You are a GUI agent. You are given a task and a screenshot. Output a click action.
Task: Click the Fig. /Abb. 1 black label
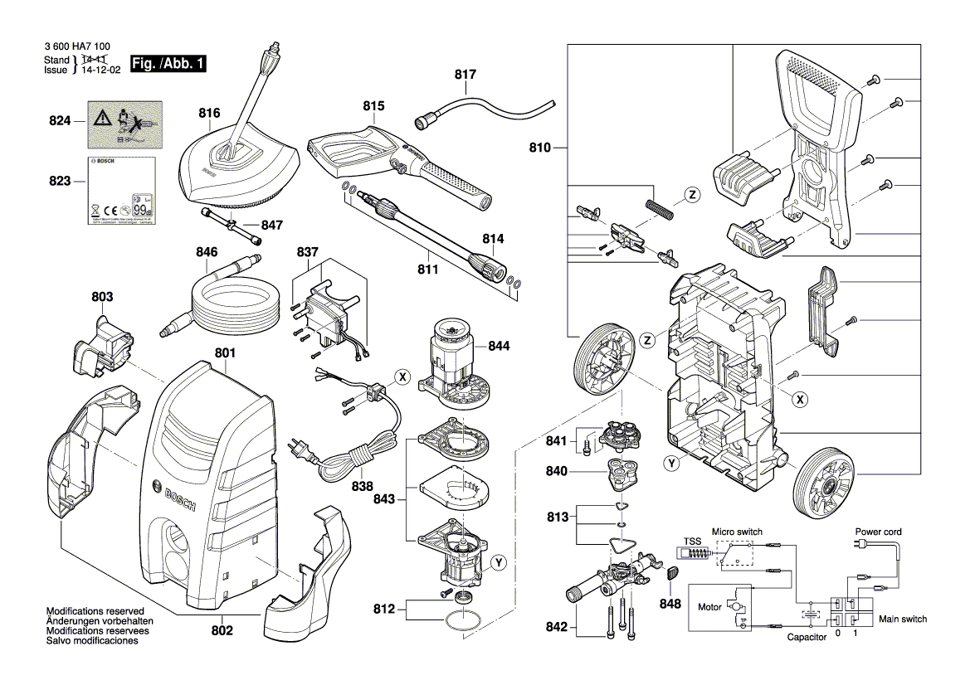(168, 64)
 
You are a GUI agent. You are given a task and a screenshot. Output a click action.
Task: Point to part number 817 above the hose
(466, 75)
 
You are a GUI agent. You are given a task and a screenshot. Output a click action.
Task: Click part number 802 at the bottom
(222, 631)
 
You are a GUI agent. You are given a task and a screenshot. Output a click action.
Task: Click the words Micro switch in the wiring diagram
(736, 532)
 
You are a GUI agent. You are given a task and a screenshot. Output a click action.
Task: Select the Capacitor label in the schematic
(807, 637)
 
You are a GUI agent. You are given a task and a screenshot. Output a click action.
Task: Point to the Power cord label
(879, 532)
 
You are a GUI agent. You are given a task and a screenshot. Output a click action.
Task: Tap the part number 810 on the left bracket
(540, 148)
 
